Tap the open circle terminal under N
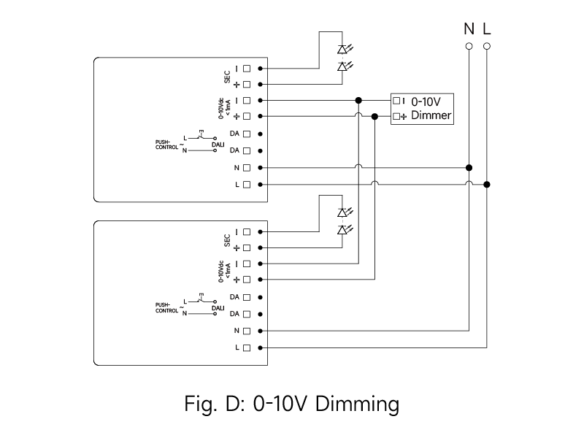coord(469,46)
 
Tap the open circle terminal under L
coord(487,46)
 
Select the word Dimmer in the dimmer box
coord(431,116)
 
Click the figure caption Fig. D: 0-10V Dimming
coord(291,403)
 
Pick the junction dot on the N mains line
coord(469,167)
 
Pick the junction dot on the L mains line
coord(487,184)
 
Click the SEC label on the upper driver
coord(227,76)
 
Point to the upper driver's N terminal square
coord(247,168)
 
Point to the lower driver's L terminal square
coord(247,347)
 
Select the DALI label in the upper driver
coord(218,145)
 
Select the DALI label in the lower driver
coord(218,308)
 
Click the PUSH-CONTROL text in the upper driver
coord(166,145)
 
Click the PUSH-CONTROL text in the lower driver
coord(166,307)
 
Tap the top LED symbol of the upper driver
coord(342,50)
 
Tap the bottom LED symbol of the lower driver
coord(342,230)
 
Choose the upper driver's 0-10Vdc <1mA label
coord(223,107)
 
